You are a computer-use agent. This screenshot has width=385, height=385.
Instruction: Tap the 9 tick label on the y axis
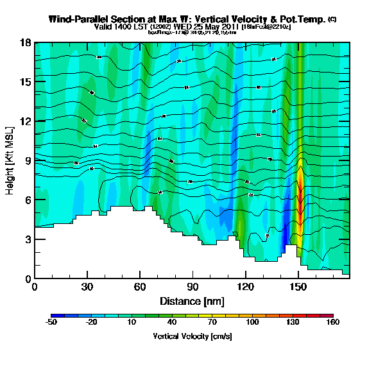[x=28, y=160]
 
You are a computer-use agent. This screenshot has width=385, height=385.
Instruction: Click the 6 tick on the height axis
[x=28, y=200]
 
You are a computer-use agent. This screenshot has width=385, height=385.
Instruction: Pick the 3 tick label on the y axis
[x=28, y=239]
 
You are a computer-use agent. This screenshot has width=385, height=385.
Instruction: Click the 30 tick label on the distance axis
[x=87, y=287]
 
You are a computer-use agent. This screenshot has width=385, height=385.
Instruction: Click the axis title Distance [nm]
[x=192, y=301]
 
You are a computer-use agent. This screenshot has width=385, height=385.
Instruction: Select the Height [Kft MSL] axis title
[x=11, y=160]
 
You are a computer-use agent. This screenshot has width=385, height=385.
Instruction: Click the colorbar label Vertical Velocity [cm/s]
[x=193, y=336]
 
